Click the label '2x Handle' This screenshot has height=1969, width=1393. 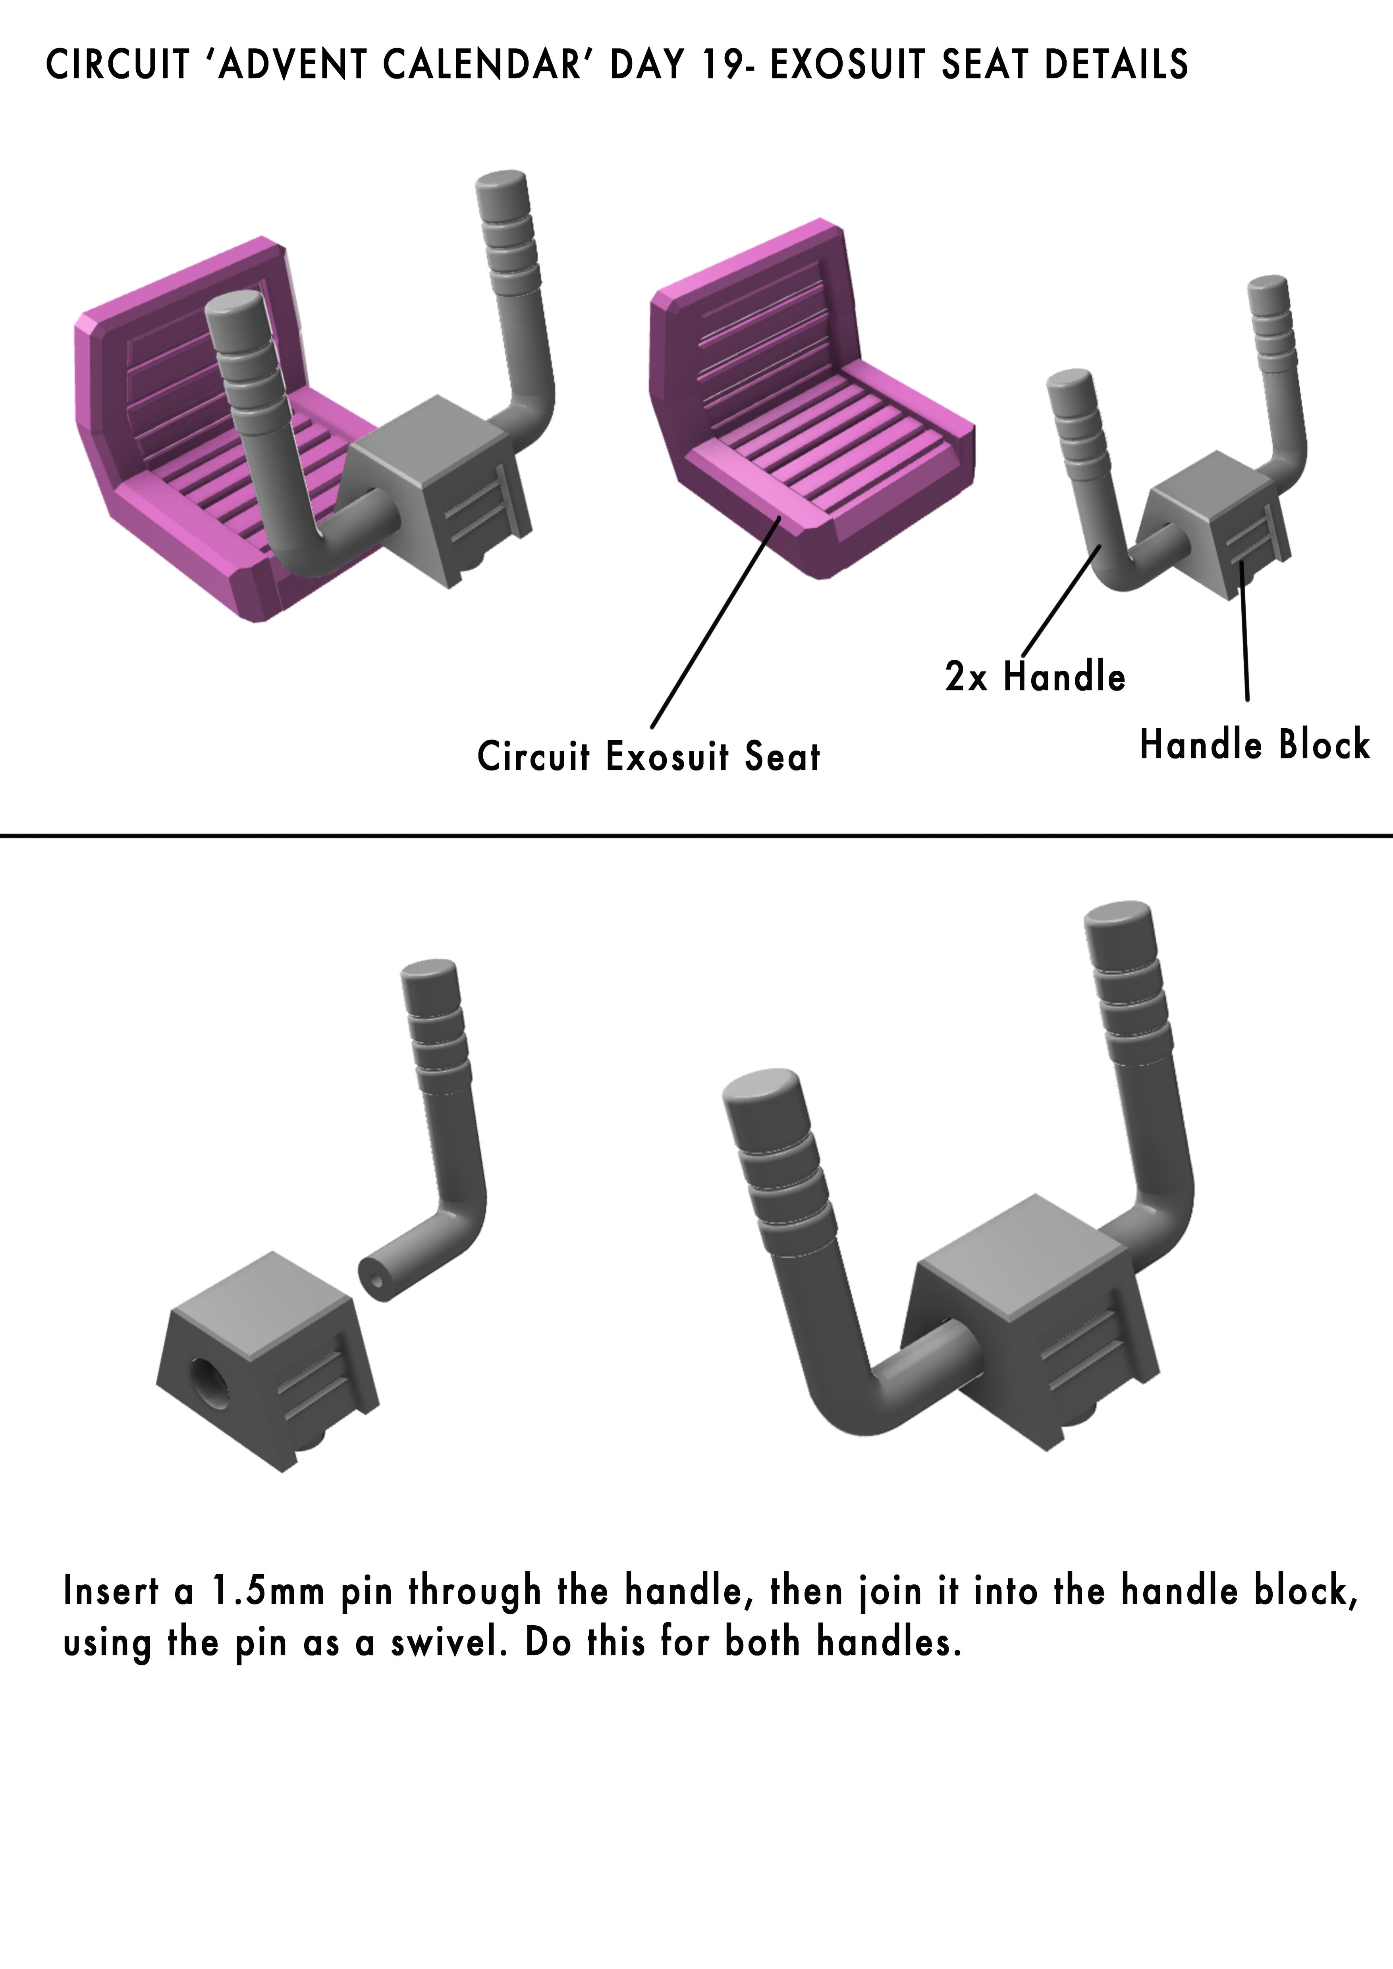click(x=1034, y=677)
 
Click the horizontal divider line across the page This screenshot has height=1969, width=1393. click(x=696, y=834)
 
